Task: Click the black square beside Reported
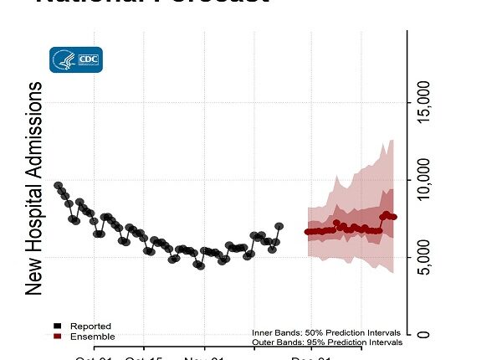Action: point(56,326)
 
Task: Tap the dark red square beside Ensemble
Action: point(56,337)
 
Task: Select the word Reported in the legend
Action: point(90,326)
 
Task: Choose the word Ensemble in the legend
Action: point(92,337)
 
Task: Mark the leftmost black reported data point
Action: point(58,185)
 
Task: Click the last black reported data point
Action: point(279,227)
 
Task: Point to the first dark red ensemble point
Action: point(307,232)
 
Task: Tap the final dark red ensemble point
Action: point(394,217)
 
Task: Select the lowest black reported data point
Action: point(200,266)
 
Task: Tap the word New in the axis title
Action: point(33,273)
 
